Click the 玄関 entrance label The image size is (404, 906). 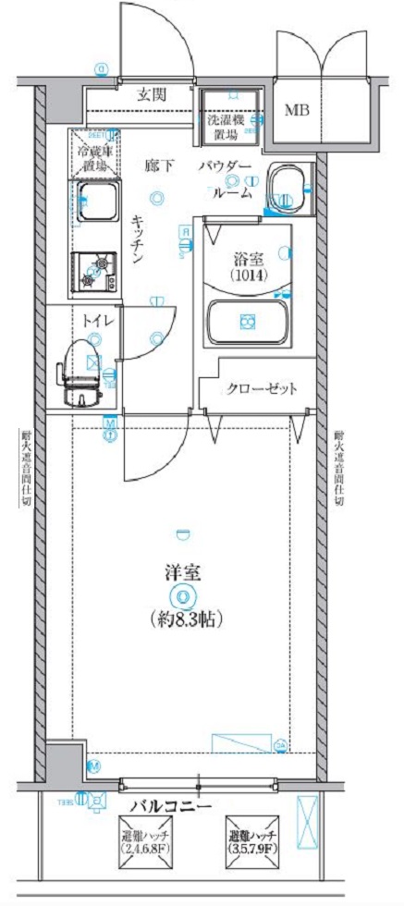(153, 93)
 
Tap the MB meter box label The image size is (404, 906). (297, 111)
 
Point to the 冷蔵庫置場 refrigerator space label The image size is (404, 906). (95, 157)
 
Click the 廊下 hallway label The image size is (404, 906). (158, 166)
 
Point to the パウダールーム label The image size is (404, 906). (226, 180)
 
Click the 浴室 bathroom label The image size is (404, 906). (247, 260)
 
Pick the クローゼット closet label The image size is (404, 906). (262, 389)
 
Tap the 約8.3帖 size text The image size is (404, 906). (185, 618)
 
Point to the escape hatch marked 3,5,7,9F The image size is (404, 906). (252, 843)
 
